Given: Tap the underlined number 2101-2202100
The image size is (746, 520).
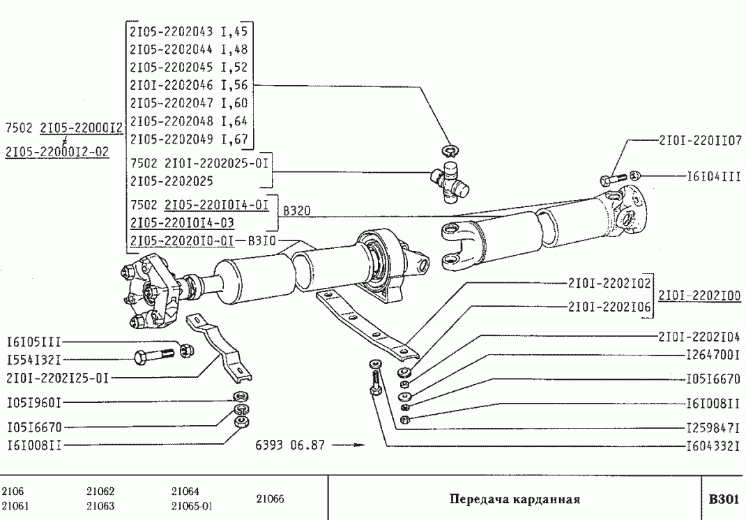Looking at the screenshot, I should (x=699, y=296).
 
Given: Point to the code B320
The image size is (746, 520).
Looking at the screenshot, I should (x=293, y=210).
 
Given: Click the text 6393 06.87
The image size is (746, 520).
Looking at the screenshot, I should (x=291, y=445).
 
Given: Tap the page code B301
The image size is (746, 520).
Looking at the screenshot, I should (x=723, y=499).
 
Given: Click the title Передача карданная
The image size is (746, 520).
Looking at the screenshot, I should (x=515, y=499).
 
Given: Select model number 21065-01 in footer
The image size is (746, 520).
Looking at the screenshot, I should (x=192, y=506).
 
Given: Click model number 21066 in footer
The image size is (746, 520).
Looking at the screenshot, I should (x=269, y=499).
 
